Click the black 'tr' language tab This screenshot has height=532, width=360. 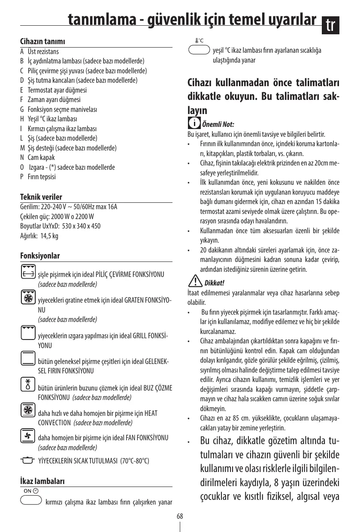[x=331, y=26]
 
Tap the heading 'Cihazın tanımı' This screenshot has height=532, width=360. [x=43, y=42]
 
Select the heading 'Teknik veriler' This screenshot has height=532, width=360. [x=41, y=197]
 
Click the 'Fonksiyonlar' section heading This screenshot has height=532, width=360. [x=40, y=256]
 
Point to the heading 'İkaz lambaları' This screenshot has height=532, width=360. [x=42, y=481]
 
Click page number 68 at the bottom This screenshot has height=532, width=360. [x=180, y=516]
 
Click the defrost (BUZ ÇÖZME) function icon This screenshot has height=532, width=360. [x=28, y=383]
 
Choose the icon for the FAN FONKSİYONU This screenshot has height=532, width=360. [x=28, y=436]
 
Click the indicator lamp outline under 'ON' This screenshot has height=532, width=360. [x=30, y=500]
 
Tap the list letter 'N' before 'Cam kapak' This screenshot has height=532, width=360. [x=22, y=157]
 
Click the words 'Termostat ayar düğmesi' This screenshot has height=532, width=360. [x=57, y=90]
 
